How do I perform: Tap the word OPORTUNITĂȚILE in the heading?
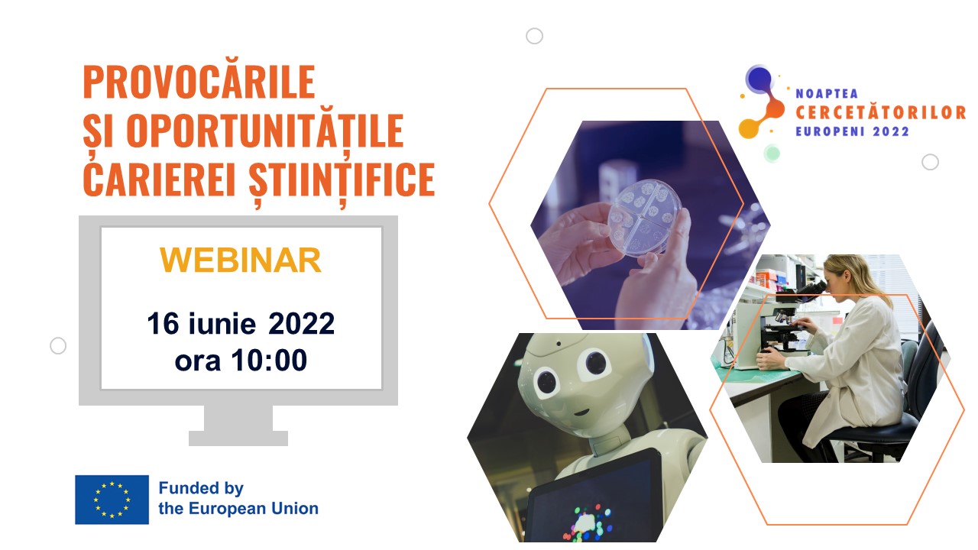[265, 131]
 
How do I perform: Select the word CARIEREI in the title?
[159, 179]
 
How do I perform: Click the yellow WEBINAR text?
[241, 260]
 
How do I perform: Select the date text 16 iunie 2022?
[241, 323]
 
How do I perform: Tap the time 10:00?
[269, 360]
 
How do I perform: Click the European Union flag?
[112, 500]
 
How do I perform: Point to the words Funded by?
[201, 488]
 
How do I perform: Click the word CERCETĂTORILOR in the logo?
[881, 112]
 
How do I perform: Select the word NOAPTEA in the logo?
[827, 93]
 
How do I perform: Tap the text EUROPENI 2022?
[852, 131]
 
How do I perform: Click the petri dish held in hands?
[644, 217]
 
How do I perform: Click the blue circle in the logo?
[759, 79]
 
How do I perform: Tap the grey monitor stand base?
[238, 438]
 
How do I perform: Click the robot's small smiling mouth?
[581, 412]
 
